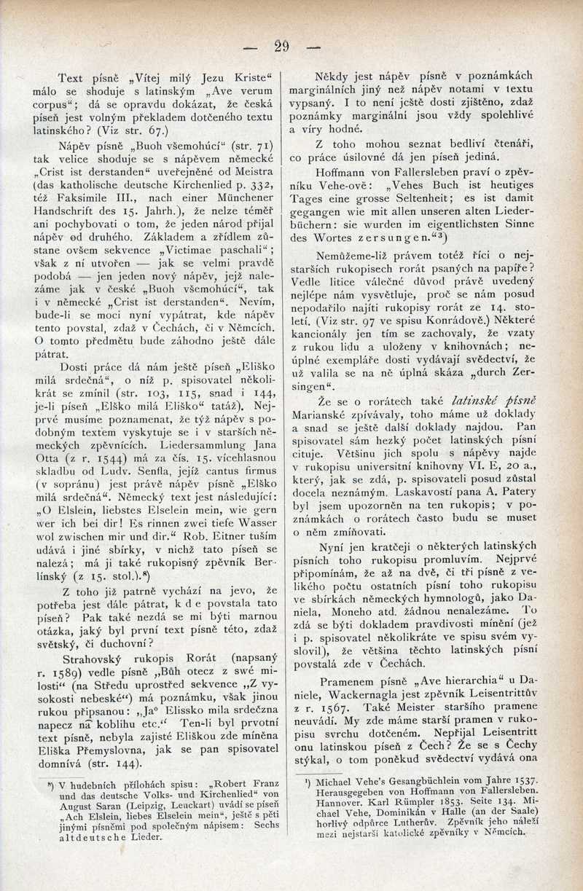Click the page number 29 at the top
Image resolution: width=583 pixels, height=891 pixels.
coord(282,47)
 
